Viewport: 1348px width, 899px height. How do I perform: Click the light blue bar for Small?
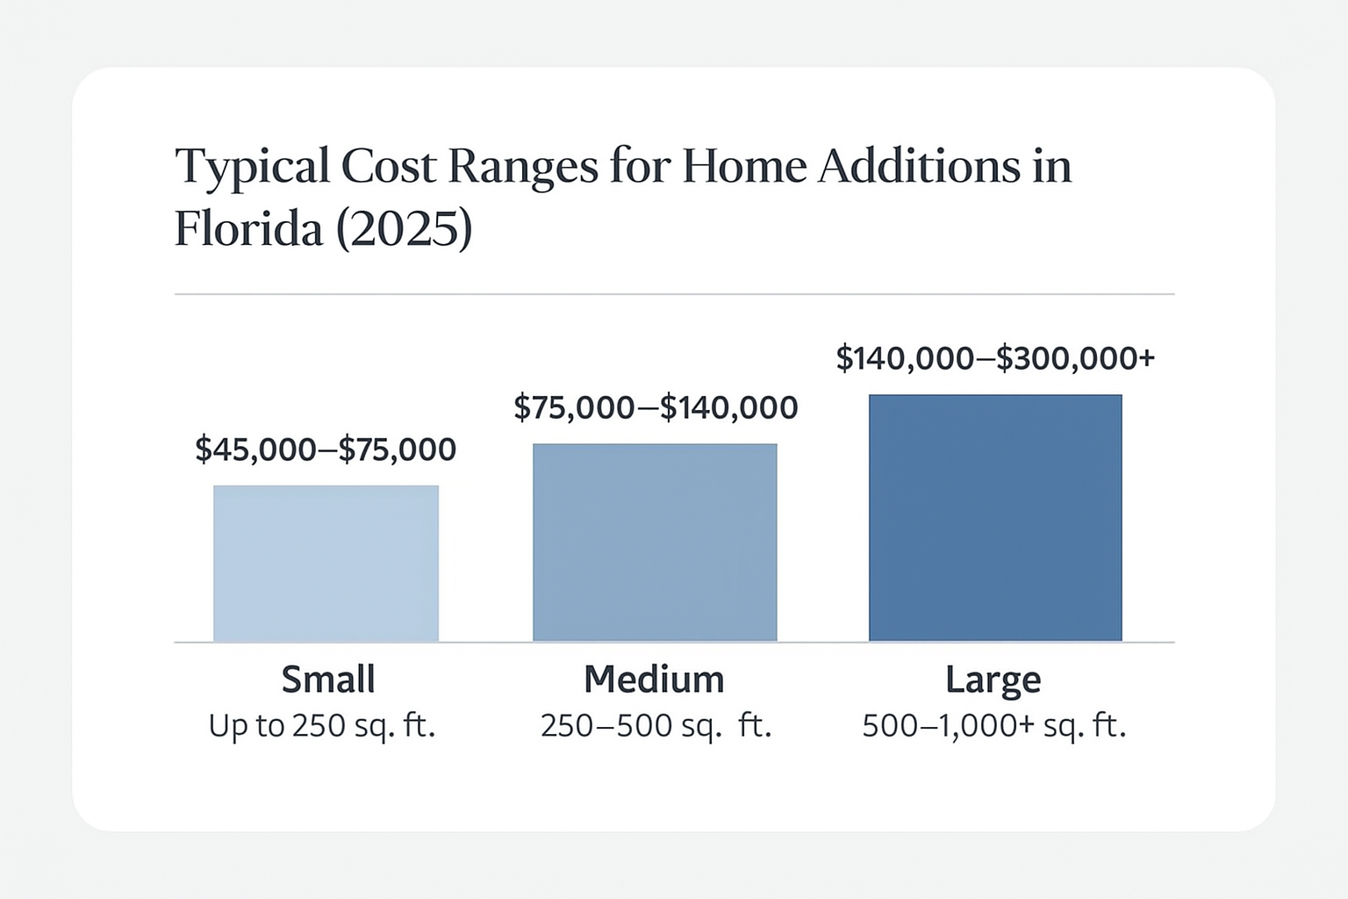[x=326, y=564]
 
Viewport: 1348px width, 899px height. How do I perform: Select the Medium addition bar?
[x=655, y=543]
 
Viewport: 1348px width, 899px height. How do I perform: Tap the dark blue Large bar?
[x=995, y=518]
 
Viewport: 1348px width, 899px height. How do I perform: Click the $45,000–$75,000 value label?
[x=326, y=450]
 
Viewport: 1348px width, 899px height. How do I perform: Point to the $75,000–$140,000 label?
[x=656, y=408]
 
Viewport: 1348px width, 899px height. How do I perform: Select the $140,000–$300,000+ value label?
[x=995, y=359]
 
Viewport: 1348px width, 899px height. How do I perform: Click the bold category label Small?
[x=328, y=680]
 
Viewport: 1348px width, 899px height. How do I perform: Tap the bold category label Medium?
[x=654, y=680]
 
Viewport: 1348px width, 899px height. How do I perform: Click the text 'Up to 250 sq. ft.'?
[x=321, y=727]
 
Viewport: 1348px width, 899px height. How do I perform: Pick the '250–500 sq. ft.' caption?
[x=656, y=726]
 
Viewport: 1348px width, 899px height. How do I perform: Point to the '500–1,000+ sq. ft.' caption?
[x=994, y=727]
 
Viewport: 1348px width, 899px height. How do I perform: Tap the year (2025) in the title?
[x=404, y=230]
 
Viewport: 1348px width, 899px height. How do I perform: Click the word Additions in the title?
[x=919, y=166]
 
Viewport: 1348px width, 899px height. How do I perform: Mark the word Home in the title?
[x=744, y=167]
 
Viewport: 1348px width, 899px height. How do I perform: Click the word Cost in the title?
[x=388, y=167]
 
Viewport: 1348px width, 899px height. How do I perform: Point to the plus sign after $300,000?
[x=1147, y=357]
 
